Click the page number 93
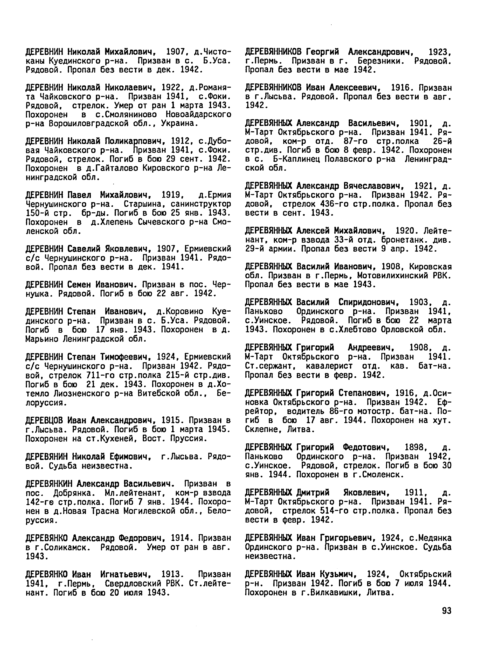[446, 611]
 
